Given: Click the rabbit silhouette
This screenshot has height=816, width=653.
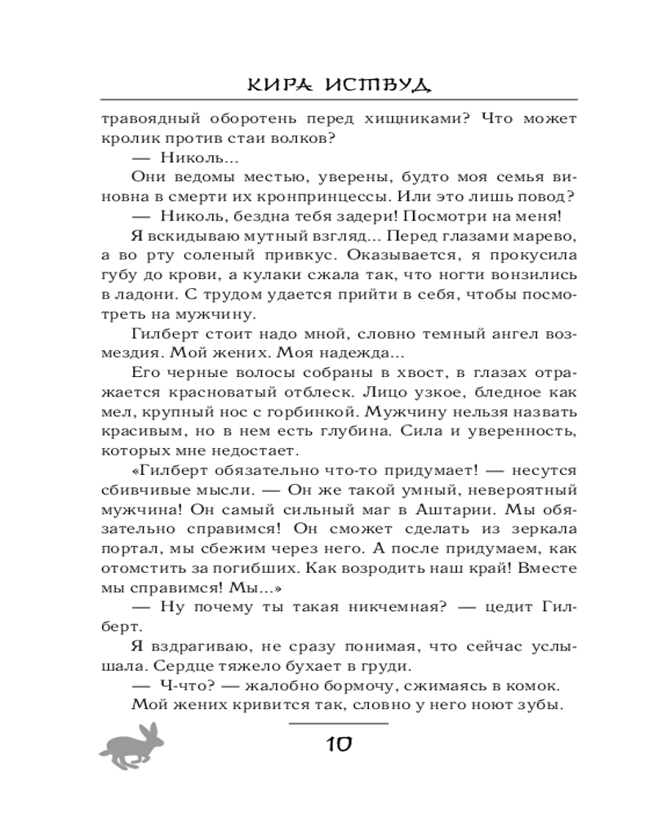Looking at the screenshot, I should (133, 747).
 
